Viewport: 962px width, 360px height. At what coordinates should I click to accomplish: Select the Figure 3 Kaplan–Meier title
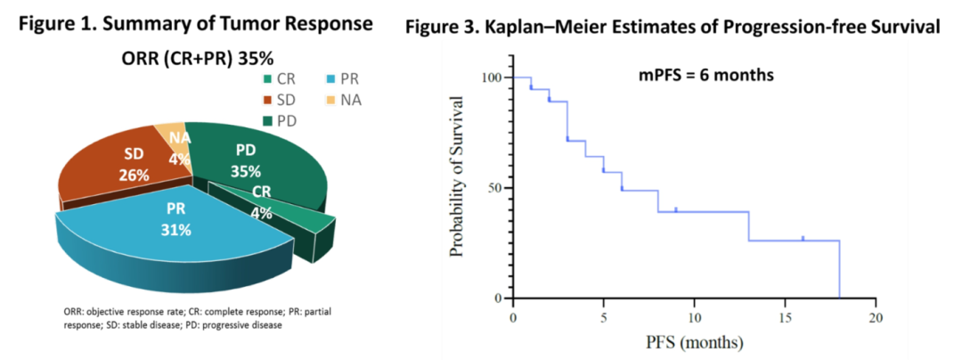673,28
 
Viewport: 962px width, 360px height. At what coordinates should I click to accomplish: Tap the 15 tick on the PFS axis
785,317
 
